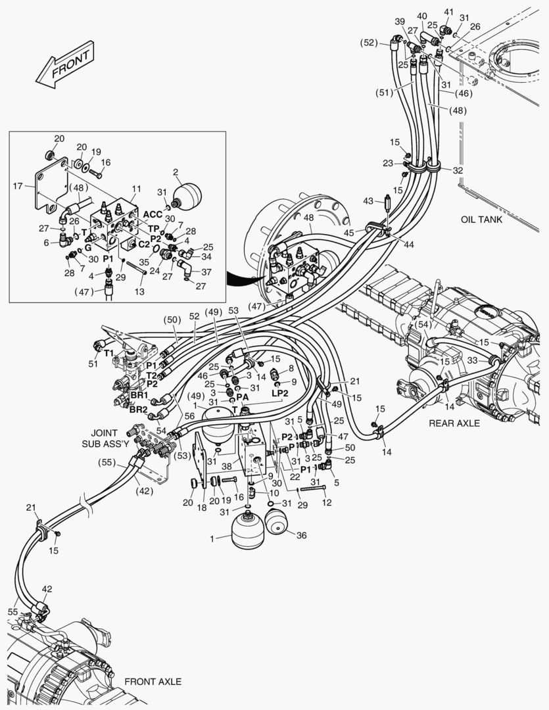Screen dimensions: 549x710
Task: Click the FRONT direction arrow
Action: (65, 64)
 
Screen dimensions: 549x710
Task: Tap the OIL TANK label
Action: (481, 220)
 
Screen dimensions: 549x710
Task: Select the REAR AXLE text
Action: (454, 423)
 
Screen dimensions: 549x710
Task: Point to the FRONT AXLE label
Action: (153, 682)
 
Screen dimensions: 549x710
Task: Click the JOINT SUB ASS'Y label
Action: (105, 438)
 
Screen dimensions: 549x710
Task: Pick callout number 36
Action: (301, 535)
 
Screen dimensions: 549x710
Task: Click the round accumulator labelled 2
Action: (187, 195)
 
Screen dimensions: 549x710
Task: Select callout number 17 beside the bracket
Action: (18, 186)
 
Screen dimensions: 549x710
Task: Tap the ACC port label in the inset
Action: (153, 214)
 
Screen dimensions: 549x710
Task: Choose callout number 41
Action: (448, 12)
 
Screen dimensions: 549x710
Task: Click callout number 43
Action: (368, 201)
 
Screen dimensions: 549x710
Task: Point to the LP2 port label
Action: (280, 393)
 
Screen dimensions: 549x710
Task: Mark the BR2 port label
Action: (139, 410)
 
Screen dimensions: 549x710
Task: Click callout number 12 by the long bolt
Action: (327, 502)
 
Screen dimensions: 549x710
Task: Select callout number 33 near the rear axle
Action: (473, 360)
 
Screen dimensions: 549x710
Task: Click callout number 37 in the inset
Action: (206, 272)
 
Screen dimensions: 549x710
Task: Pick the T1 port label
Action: (108, 353)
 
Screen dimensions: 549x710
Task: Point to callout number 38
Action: (227, 465)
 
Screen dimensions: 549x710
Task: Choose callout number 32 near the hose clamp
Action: (458, 170)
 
